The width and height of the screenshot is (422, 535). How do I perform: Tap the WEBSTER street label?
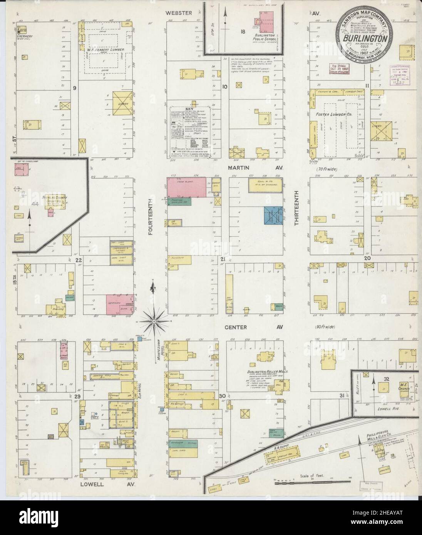pyautogui.click(x=179, y=13)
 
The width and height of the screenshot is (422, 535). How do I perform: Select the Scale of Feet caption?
pyautogui.click(x=311, y=476)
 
